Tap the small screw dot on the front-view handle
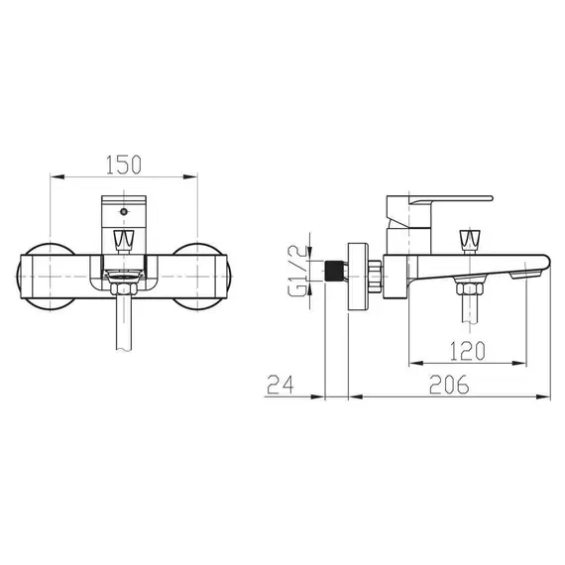122,211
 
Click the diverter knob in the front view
122,240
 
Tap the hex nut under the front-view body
122,288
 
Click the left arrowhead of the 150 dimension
54,178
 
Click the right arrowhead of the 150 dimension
191,178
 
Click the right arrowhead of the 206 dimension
547,397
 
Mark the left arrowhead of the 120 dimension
408,364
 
